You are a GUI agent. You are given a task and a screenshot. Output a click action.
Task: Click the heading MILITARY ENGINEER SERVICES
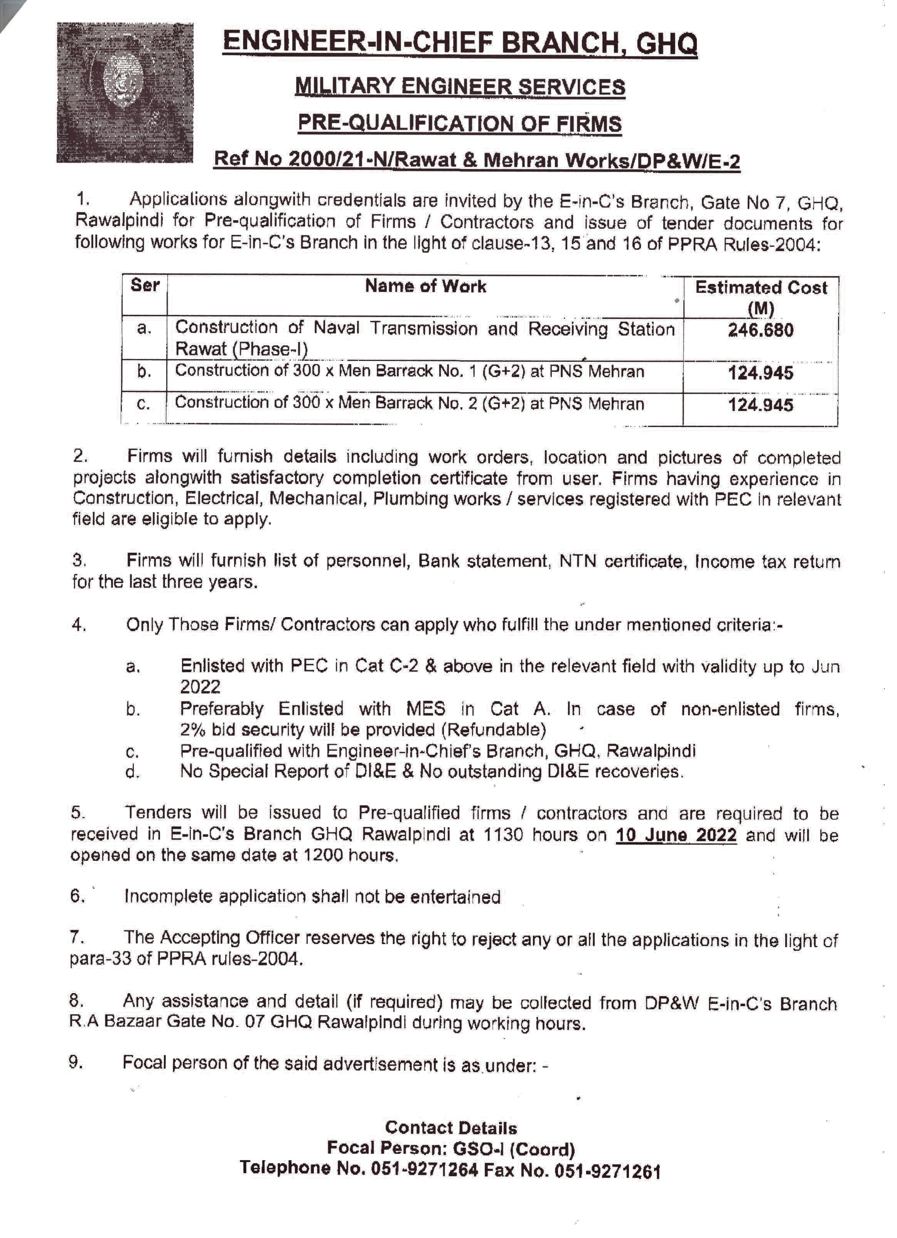460,87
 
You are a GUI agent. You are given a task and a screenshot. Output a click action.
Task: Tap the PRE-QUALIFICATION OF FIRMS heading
459,123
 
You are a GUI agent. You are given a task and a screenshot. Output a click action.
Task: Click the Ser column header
145,285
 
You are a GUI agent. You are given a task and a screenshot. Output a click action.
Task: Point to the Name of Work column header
425,286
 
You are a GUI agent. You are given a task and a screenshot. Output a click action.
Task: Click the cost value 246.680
760,330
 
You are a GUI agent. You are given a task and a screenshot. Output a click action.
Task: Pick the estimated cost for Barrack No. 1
760,373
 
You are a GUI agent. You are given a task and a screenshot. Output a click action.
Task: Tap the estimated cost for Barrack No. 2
760,405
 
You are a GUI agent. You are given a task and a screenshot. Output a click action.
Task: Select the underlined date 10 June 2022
676,835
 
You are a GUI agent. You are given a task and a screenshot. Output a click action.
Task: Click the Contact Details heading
450,1128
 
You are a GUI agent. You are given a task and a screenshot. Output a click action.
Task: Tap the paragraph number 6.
77,896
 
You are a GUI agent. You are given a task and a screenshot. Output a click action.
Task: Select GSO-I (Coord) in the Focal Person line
514,1149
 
